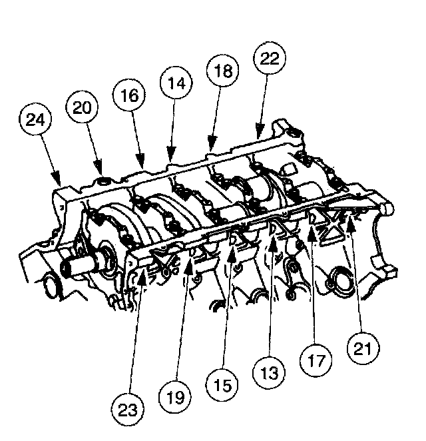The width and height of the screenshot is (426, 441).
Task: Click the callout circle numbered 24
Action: click(x=35, y=119)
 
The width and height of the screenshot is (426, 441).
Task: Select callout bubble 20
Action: click(x=82, y=107)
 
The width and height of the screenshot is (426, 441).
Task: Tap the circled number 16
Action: click(x=129, y=95)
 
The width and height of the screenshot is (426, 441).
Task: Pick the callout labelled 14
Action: click(x=176, y=83)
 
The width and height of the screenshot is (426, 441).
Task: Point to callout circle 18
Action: click(x=223, y=71)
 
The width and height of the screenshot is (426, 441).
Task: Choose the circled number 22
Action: click(x=270, y=58)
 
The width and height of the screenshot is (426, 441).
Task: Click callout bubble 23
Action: click(x=128, y=409)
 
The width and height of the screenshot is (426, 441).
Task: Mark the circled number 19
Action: click(x=175, y=397)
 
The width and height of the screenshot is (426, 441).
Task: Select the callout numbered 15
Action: click(x=222, y=384)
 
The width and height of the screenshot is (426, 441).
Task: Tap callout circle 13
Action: click(x=269, y=372)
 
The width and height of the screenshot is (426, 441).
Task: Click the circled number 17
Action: click(x=316, y=360)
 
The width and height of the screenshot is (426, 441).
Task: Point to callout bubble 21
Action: click(x=363, y=348)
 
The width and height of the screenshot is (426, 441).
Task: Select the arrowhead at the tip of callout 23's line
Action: click(x=142, y=279)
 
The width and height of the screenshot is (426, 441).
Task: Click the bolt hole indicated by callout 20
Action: click(x=104, y=181)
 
